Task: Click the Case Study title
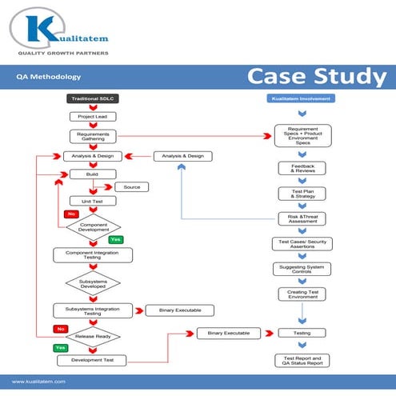(x=315, y=78)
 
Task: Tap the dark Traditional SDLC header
(x=92, y=98)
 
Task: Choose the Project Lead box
(x=92, y=117)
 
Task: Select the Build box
(x=92, y=174)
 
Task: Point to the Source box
(x=131, y=187)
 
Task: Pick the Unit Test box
(x=92, y=201)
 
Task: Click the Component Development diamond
(x=92, y=226)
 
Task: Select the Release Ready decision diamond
(x=92, y=337)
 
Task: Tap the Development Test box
(x=92, y=360)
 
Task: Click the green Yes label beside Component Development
(x=115, y=239)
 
